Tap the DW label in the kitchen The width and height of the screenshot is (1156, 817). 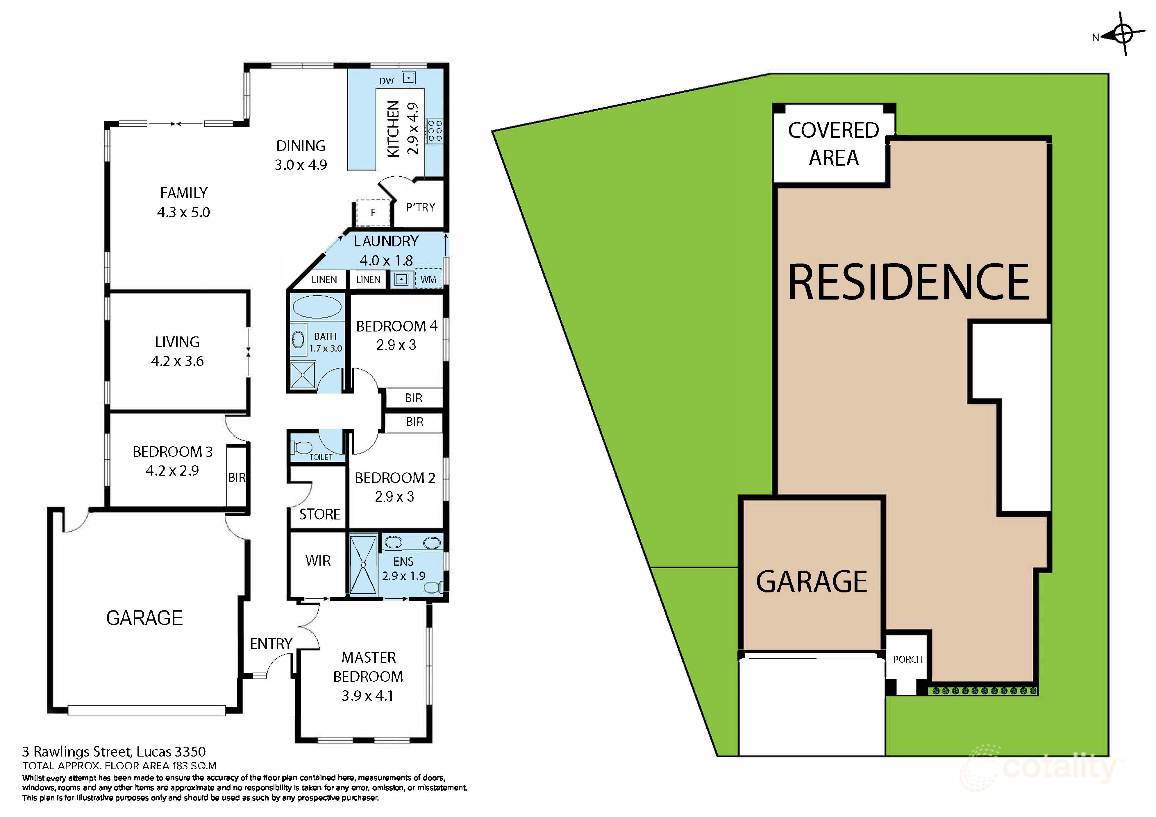386,81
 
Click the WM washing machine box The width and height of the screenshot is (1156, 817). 428,279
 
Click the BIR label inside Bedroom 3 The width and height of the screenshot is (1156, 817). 237,477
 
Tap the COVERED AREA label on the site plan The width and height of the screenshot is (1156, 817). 833,144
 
